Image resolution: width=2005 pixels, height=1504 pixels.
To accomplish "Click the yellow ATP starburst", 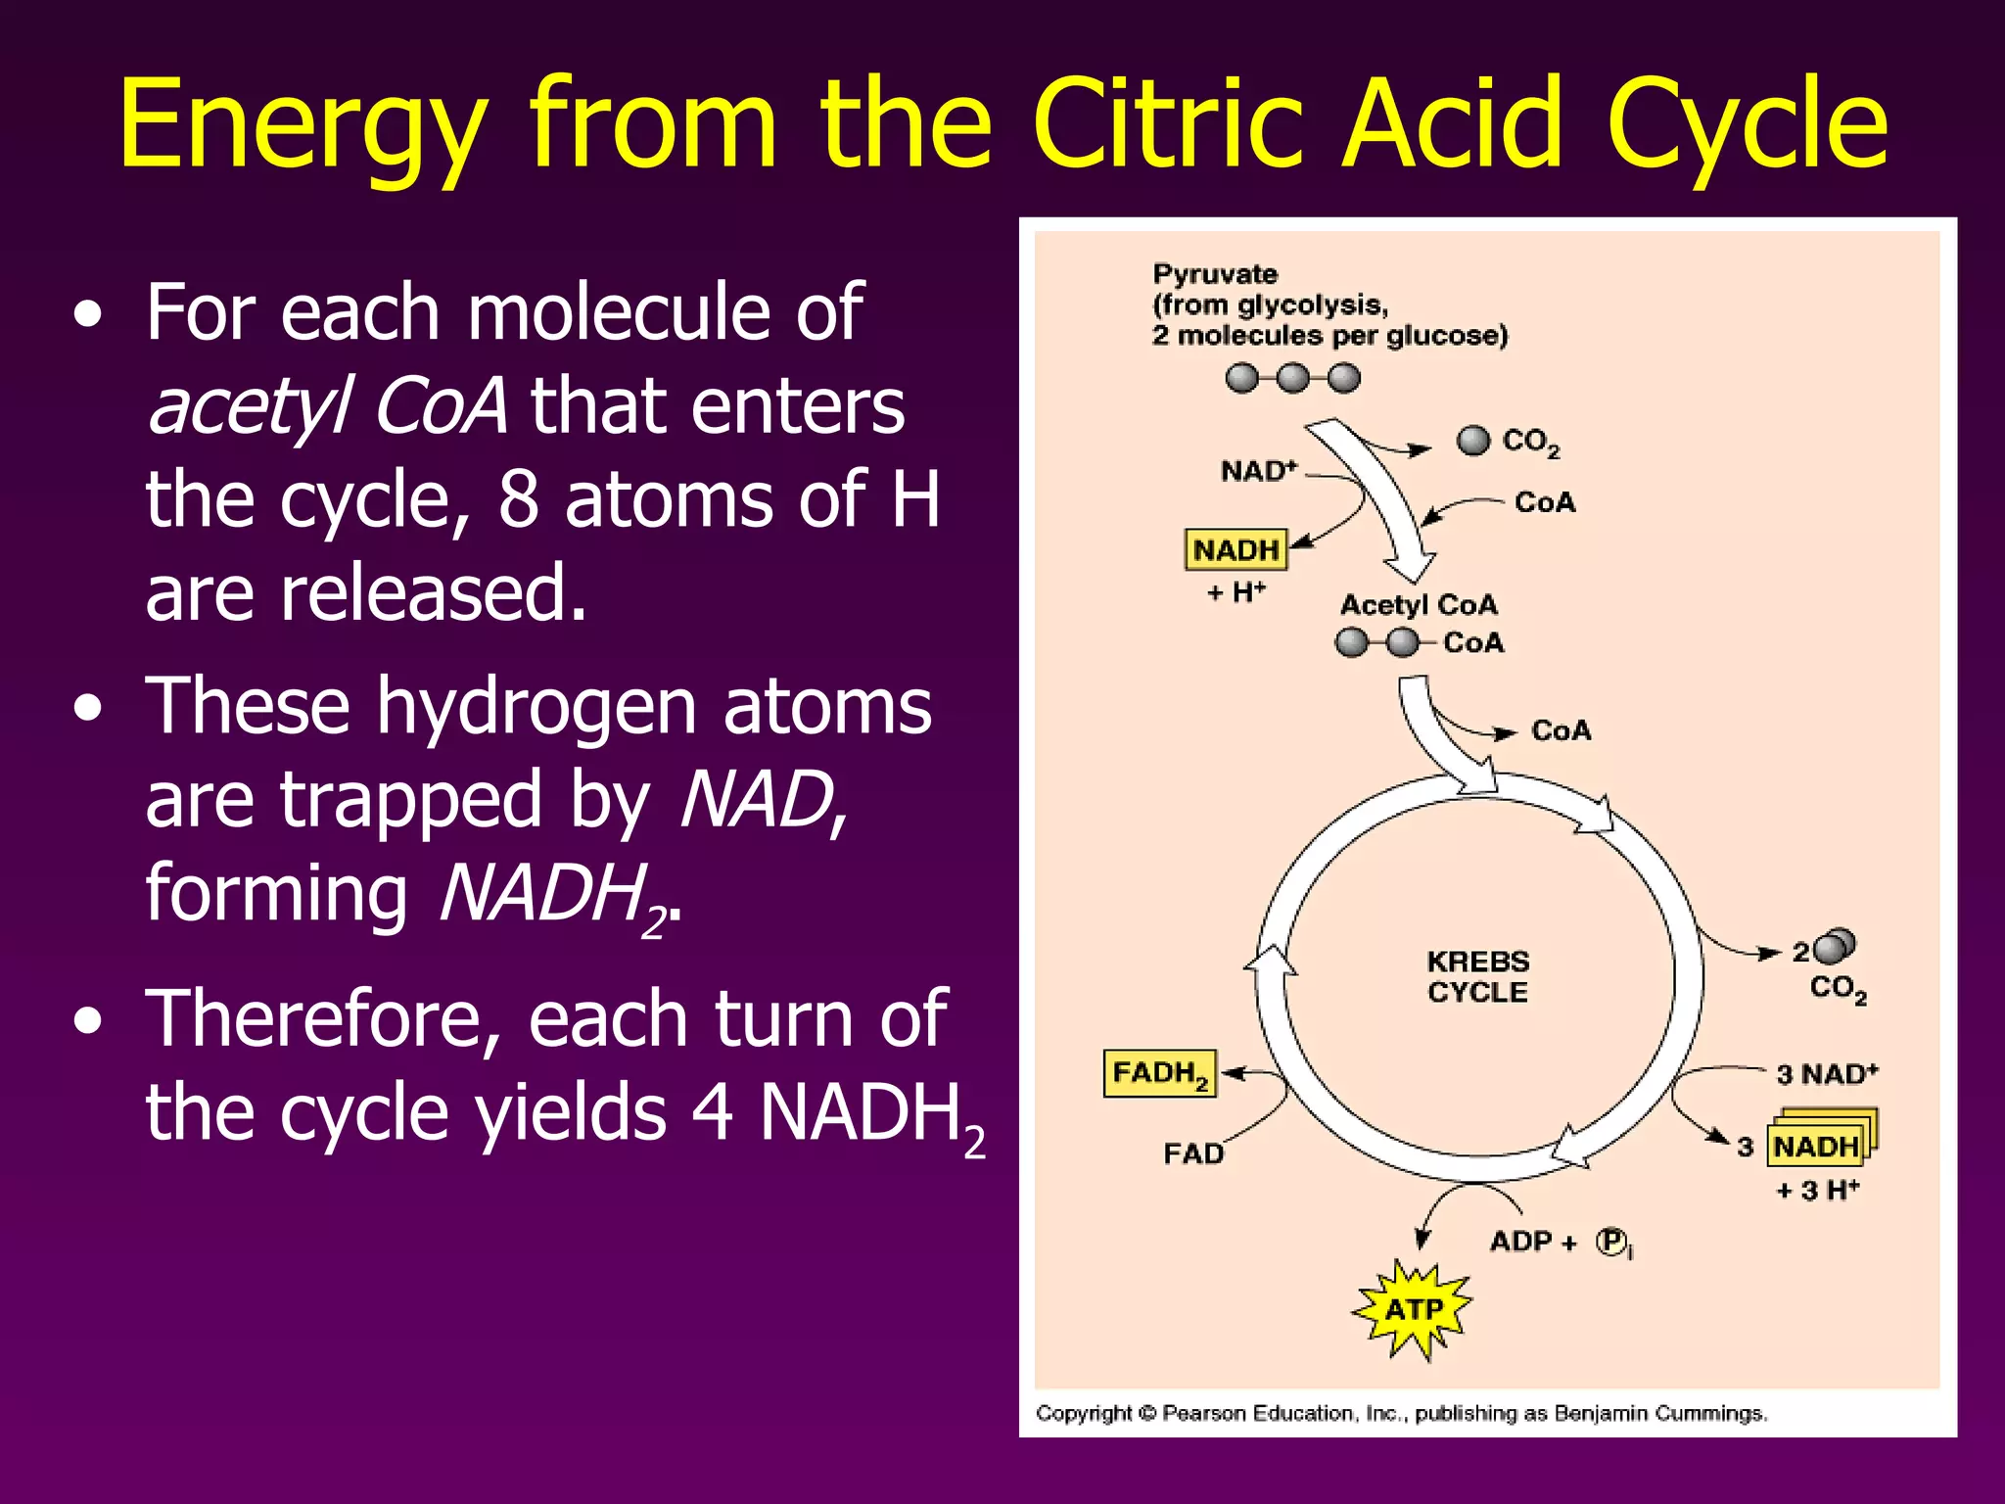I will pos(1413,1309).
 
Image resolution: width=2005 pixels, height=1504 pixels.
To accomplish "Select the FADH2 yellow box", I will pos(1159,1074).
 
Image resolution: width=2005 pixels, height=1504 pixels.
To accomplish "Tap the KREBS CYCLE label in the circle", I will pos(1477,976).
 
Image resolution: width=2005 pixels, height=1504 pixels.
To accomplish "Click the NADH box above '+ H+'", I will pos(1236,550).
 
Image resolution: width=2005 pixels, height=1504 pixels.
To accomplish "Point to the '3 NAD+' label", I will pos(1827,1074).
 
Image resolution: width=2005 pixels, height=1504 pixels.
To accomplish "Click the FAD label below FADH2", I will pos(1193,1153).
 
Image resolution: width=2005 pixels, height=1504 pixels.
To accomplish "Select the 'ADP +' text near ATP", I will pos(1533,1242).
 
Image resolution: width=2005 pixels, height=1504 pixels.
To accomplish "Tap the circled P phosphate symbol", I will pos(1610,1241).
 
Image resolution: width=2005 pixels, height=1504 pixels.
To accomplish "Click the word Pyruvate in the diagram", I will pos(1214,274).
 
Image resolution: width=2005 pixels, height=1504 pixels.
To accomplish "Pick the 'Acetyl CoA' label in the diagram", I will pos(1419,605).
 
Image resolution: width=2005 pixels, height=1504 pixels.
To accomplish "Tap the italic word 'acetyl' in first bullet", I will pos(250,405).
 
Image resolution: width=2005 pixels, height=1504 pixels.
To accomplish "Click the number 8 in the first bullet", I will pos(518,499).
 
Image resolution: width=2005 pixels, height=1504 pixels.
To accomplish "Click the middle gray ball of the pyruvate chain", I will pos(1292,377).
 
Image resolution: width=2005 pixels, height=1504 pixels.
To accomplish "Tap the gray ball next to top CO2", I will pos(1472,441).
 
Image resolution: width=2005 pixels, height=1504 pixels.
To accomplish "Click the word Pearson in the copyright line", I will pos(1204,1413).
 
